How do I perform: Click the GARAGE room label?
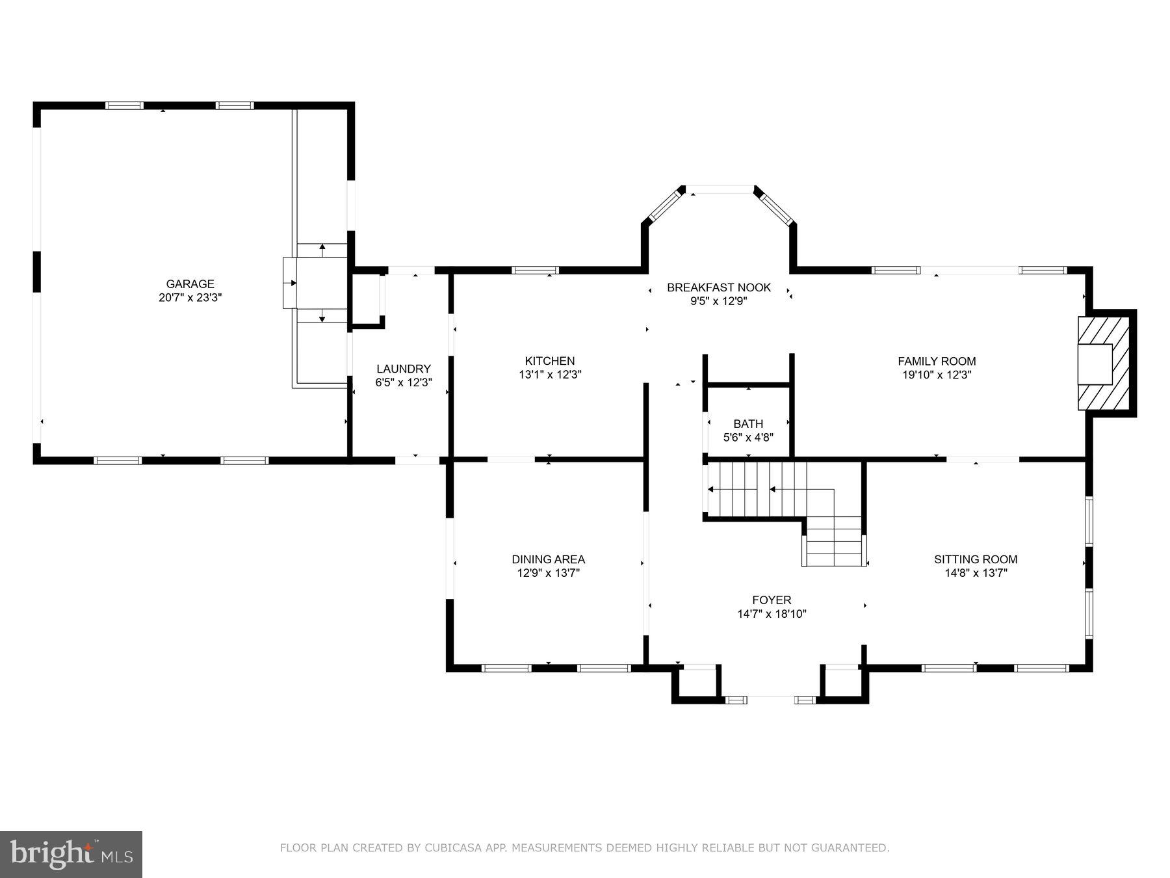click(190, 284)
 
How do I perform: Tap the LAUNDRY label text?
click(403, 369)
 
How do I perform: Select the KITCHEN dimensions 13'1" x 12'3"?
click(549, 375)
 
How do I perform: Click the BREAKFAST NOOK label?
click(718, 287)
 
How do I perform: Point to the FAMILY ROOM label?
click(936, 361)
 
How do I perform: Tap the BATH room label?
click(748, 424)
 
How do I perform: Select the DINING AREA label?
click(548, 559)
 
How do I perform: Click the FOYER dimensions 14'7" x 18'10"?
click(772, 614)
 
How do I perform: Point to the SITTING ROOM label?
click(975, 559)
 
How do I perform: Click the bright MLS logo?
click(71, 853)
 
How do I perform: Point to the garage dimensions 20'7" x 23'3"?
click(190, 298)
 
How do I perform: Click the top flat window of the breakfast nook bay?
click(720, 190)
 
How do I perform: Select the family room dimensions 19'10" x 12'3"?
click(936, 375)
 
